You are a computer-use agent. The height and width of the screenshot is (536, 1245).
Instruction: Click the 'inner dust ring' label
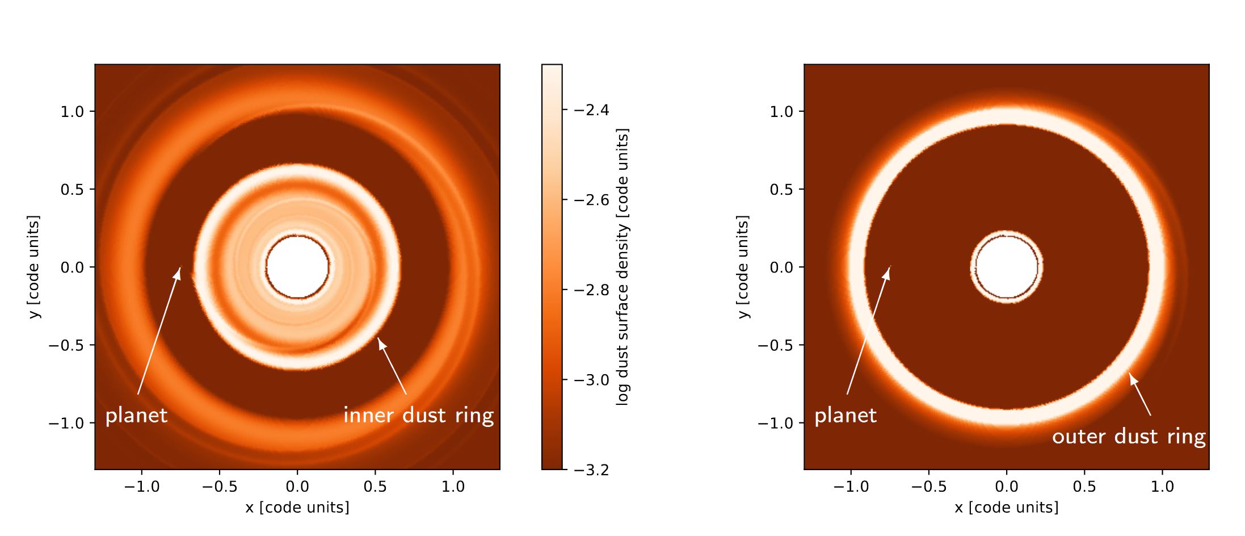click(x=418, y=416)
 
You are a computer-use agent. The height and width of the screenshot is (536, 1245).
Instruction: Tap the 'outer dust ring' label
click(x=1129, y=437)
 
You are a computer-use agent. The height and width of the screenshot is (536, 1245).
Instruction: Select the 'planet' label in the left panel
click(x=137, y=416)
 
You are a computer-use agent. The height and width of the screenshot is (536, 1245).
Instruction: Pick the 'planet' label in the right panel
click(x=846, y=416)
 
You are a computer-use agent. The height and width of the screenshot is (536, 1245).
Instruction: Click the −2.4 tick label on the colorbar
click(x=591, y=110)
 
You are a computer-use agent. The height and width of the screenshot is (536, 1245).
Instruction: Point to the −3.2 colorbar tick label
click(x=591, y=470)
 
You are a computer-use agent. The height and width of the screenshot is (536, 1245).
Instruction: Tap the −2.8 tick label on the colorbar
click(x=591, y=290)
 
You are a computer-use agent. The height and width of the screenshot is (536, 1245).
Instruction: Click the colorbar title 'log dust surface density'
click(x=623, y=267)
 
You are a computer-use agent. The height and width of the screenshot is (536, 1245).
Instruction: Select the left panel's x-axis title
click(x=297, y=507)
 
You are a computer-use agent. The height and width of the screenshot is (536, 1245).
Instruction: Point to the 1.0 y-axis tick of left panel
click(x=72, y=111)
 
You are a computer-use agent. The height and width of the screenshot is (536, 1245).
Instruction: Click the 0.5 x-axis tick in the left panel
click(x=375, y=487)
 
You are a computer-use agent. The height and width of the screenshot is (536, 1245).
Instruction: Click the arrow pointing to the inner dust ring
click(x=393, y=366)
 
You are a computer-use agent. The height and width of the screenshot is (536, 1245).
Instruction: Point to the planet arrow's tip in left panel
click(x=180, y=269)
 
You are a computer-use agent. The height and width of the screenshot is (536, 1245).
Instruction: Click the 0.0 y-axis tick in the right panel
click(x=781, y=267)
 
